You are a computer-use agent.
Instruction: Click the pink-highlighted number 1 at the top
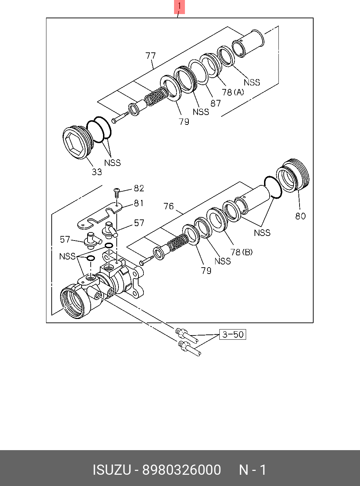[x=179, y=6]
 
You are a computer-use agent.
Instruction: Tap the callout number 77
[x=150, y=56]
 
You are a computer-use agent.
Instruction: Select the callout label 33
[x=97, y=172]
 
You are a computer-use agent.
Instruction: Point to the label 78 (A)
[x=233, y=92]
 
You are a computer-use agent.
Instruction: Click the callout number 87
[x=216, y=103]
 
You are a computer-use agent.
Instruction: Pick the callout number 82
[x=139, y=188]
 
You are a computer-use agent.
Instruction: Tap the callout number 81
[x=139, y=203]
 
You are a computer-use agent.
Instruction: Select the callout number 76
[x=169, y=206]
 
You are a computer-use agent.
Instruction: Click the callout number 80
[x=300, y=216]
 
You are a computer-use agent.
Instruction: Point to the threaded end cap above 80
[x=292, y=175]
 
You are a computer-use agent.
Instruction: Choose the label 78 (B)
[x=242, y=252]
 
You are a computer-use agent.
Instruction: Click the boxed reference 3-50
[x=233, y=334]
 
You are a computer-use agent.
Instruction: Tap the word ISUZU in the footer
[x=112, y=470]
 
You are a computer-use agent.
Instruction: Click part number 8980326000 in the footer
[x=181, y=470]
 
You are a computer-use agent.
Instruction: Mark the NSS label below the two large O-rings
[x=112, y=163]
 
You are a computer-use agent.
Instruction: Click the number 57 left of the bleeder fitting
[x=65, y=239]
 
